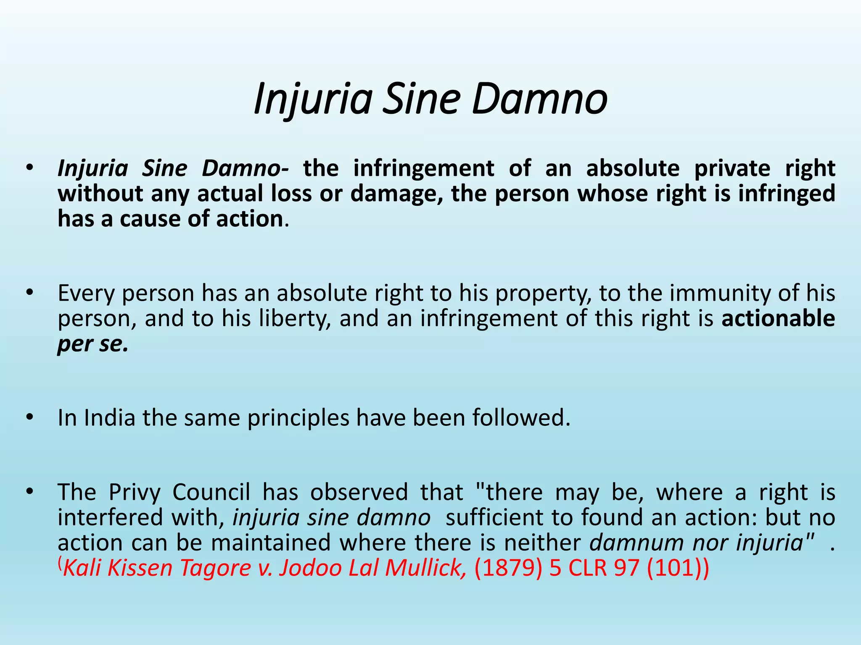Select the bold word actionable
click(778, 318)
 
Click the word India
click(109, 418)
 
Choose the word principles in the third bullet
click(298, 418)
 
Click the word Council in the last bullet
click(211, 492)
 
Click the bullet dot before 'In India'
click(29, 417)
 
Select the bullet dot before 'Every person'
click(29, 293)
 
